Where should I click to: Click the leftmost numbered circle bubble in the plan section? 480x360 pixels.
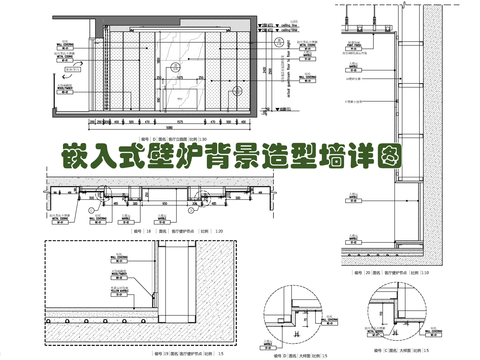93,211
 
